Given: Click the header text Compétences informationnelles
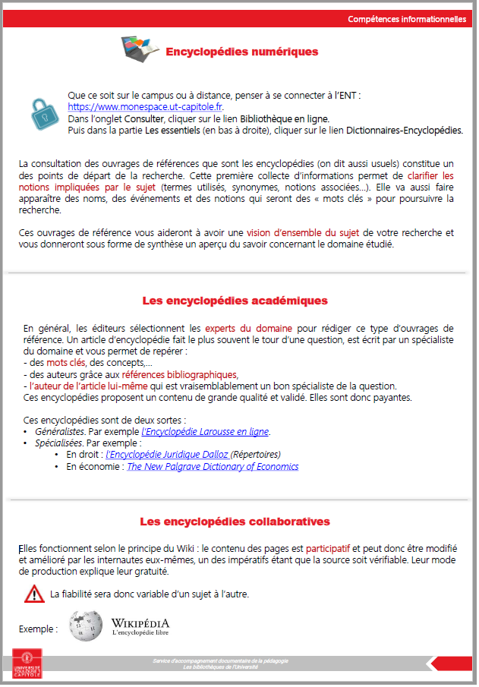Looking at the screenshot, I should click(407, 19).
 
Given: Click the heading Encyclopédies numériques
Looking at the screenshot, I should click(241, 52).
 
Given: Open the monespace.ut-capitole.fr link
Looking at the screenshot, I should click(145, 107).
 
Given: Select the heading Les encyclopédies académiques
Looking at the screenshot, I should click(235, 301).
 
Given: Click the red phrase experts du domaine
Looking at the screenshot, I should click(248, 328).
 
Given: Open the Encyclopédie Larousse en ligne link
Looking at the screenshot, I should click(205, 432).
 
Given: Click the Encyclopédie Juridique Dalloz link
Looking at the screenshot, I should click(168, 455).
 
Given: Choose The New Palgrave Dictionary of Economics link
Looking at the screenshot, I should click(213, 467).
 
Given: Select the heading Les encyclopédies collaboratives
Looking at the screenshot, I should click(235, 522).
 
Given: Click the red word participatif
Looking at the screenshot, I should click(328, 547).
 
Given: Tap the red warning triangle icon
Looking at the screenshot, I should click(34, 594).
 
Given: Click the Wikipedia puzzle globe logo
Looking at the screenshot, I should click(85, 626).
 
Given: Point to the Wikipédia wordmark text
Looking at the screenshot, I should click(140, 623).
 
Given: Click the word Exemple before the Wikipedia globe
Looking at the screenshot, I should click(38, 629).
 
